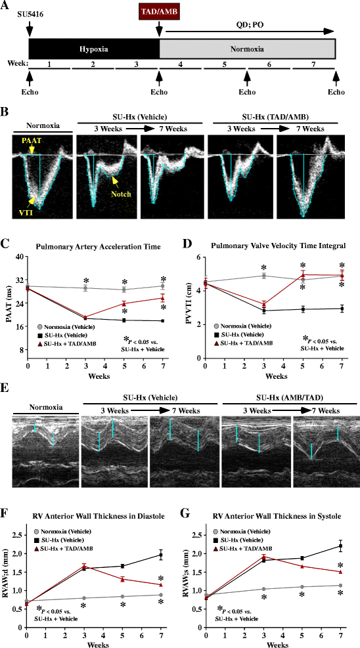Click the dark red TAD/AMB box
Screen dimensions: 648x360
(x=158, y=11)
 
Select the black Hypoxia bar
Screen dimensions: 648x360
(x=94, y=49)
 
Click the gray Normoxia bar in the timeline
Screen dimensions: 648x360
(x=248, y=49)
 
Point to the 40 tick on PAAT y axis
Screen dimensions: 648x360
(x=20, y=257)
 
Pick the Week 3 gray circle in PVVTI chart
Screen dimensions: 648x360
(x=263, y=276)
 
